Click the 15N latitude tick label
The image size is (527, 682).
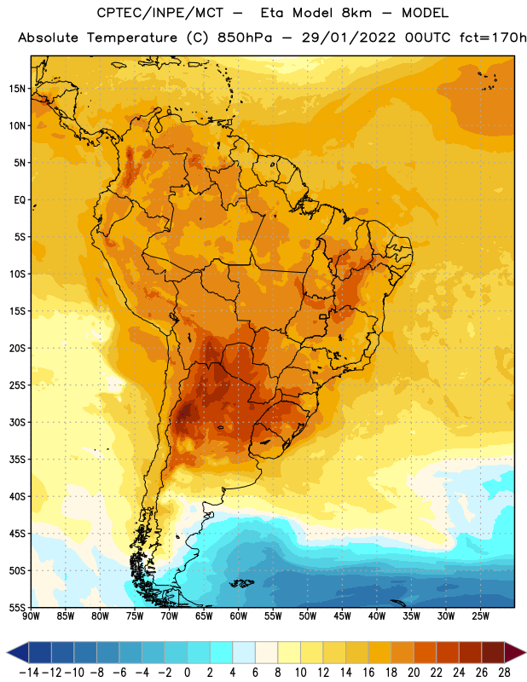18,89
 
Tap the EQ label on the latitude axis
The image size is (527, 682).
20,200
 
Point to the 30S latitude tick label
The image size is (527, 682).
18,422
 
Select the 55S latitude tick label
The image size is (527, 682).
18,608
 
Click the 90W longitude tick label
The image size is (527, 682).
31,616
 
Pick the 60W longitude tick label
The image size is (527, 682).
239,616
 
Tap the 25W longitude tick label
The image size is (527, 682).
480,616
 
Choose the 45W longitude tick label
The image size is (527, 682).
342,616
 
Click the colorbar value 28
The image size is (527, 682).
504,673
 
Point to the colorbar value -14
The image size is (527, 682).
29,673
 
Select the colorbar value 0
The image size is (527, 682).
187,673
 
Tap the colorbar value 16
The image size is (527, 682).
368,673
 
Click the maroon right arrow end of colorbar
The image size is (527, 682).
514,652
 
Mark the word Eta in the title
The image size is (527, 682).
272,13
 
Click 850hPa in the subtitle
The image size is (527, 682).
245,38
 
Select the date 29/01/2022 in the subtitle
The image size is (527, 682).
349,38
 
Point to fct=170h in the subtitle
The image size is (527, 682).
493,38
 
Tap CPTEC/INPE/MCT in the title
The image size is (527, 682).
160,13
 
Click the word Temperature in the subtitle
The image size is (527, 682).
132,38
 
